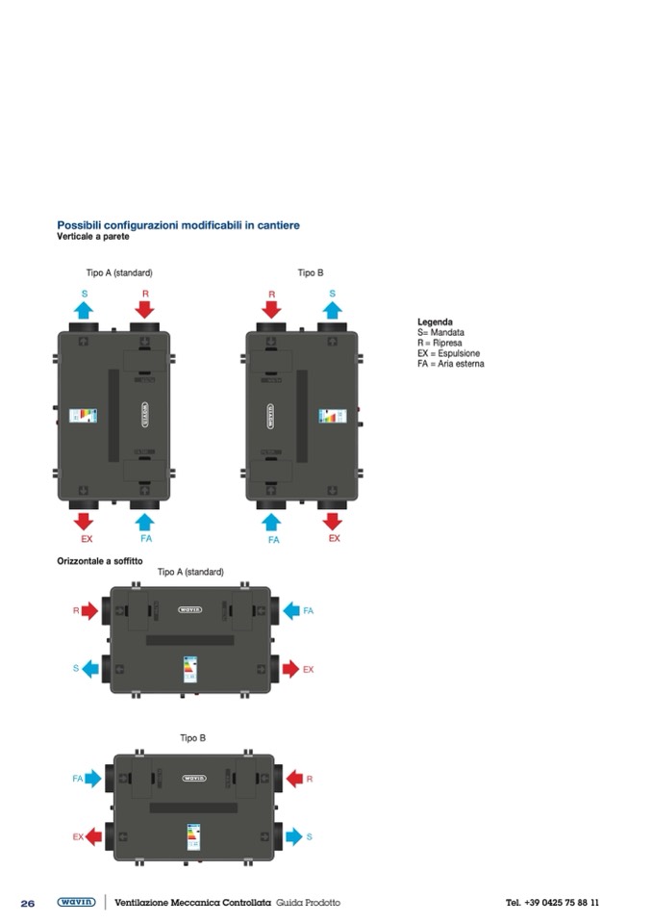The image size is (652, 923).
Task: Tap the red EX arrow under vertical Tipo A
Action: click(x=84, y=521)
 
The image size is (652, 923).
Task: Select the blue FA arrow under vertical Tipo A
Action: click(x=144, y=521)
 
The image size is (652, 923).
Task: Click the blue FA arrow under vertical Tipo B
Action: click(x=271, y=521)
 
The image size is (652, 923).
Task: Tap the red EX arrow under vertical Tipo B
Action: click(x=332, y=521)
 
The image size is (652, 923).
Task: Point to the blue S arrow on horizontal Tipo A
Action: click(x=91, y=668)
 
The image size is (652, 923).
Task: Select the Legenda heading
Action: click(x=435, y=321)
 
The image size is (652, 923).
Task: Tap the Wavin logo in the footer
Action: click(x=76, y=902)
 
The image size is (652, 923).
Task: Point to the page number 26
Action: click(x=28, y=903)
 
